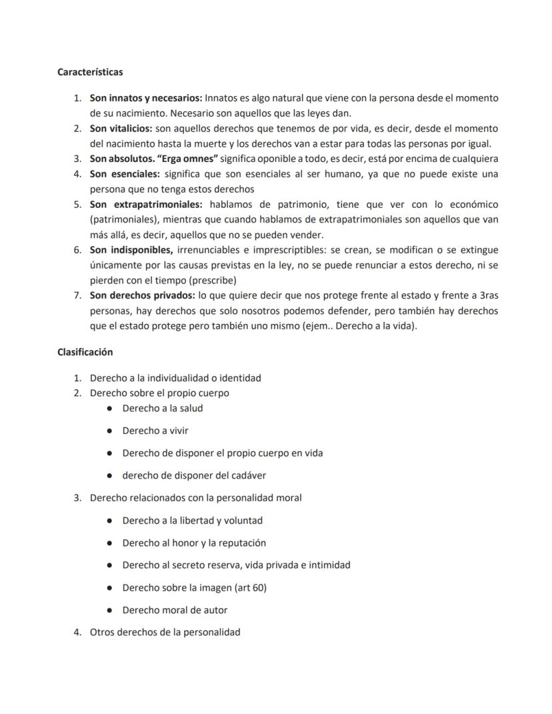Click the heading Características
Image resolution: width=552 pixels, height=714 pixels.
[x=90, y=71]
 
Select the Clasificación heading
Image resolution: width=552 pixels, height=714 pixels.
[x=85, y=352]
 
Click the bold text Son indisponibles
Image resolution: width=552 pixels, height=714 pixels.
[x=131, y=250]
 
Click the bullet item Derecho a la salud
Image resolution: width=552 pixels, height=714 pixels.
[x=162, y=408]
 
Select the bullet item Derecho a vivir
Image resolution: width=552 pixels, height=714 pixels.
[x=155, y=431]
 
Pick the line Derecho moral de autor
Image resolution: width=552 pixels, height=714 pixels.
[x=175, y=610]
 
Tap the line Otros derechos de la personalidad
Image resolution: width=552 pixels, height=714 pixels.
[x=165, y=632]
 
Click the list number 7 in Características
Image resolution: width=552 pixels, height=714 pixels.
[x=77, y=295]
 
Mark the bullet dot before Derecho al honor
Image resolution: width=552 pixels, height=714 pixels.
[x=108, y=543]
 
